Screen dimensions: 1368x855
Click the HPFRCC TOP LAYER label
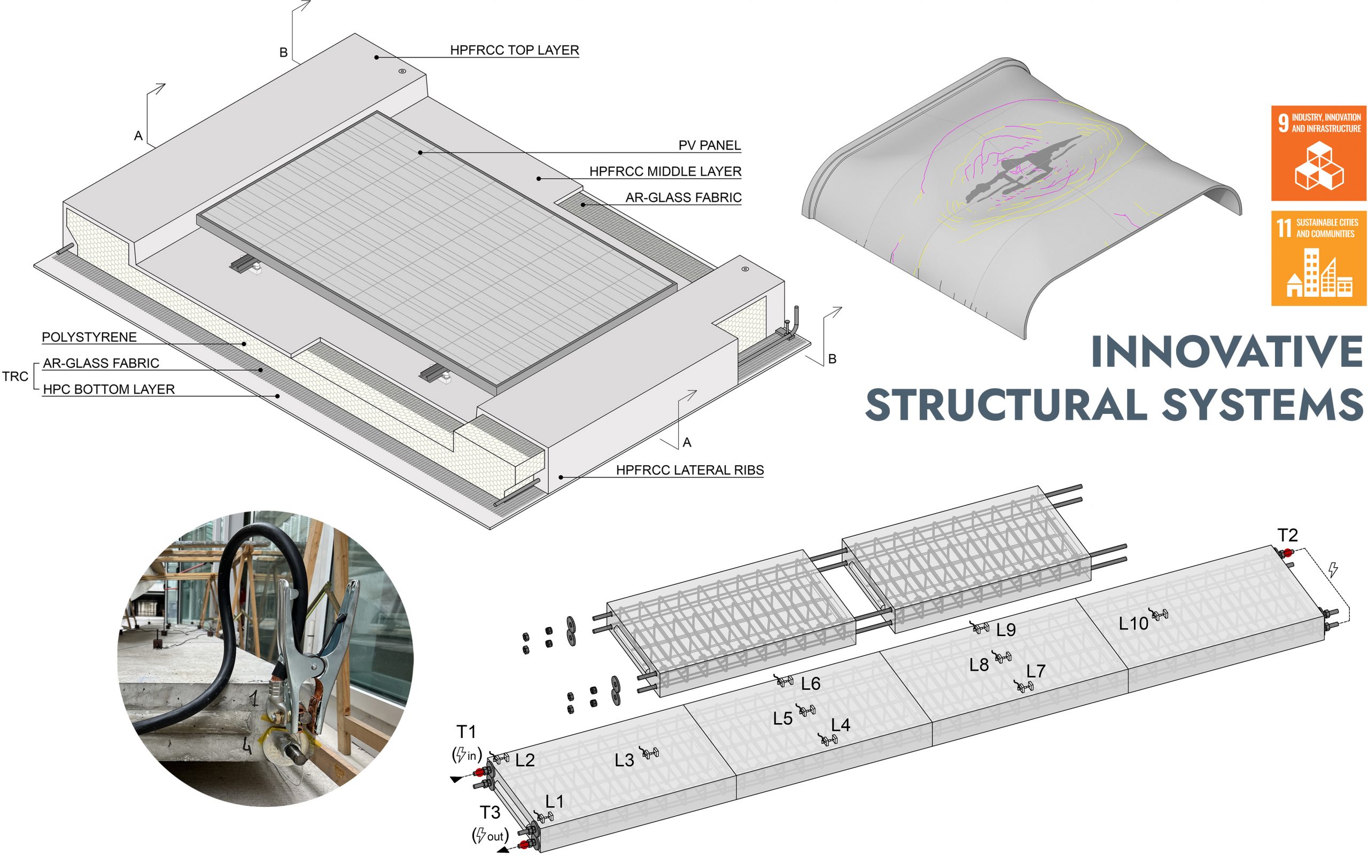pos(514,50)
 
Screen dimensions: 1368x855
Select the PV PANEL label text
pos(710,145)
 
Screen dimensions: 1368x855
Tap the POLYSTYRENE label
pos(89,337)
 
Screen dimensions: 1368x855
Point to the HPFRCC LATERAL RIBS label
pos(690,470)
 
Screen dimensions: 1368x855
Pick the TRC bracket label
pos(15,376)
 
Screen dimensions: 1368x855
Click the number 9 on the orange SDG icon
pos(1284,123)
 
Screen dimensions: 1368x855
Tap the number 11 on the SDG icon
pos(1284,228)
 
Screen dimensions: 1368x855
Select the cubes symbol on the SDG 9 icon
pos(1319,165)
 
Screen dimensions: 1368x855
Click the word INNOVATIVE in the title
pos(1226,351)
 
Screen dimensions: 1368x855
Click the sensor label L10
pos(1133,624)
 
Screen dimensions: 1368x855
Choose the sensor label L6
pos(811,684)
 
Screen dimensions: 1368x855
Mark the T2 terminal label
pos(1288,535)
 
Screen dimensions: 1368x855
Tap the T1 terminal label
pos(466,732)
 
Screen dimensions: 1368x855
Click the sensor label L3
pos(624,760)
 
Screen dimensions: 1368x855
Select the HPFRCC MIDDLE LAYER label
pos(665,171)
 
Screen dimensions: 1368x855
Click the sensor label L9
pos(1006,630)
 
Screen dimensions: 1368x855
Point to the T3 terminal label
pos(490,813)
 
